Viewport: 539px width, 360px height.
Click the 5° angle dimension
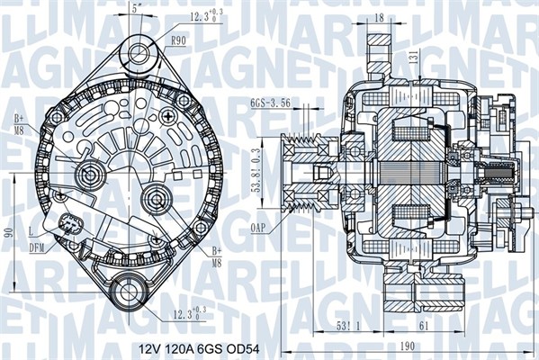(136, 8)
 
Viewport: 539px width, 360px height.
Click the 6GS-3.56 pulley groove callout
(270, 103)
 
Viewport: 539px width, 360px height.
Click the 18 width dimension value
(380, 16)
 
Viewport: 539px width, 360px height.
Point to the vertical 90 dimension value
(8, 232)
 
